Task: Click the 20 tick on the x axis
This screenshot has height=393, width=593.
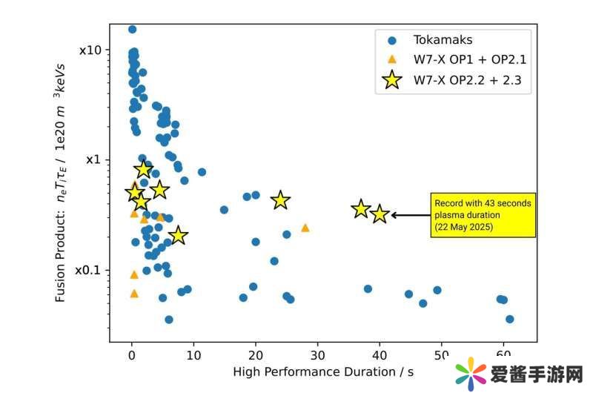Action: point(256,354)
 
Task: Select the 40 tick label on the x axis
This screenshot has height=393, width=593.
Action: point(380,354)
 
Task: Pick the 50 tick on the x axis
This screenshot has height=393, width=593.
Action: point(442,354)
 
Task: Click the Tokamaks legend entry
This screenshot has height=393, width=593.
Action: point(443,40)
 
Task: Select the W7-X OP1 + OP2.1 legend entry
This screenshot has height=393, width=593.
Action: point(469,60)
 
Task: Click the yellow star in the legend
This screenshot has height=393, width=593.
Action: point(393,80)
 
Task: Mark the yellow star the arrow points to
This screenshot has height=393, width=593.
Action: point(380,214)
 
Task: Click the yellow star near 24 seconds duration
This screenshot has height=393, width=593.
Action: point(280,199)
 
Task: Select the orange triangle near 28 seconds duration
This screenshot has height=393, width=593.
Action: point(305,228)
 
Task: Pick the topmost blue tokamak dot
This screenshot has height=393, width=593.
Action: point(132,30)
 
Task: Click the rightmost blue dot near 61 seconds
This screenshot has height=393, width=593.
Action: point(509,319)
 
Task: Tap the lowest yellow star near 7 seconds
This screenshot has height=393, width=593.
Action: point(178,236)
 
